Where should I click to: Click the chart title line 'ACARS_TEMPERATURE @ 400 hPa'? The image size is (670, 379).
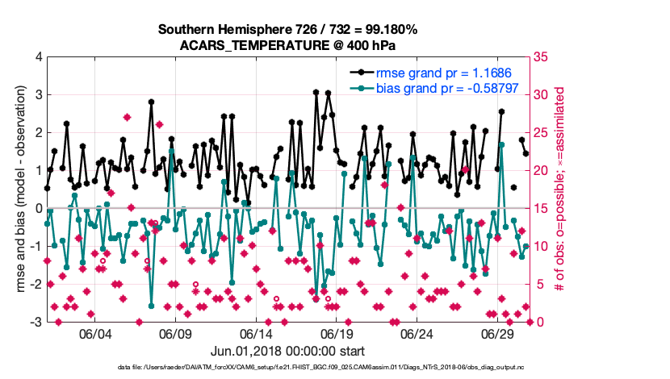click(287, 45)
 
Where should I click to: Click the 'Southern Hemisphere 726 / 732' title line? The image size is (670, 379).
click(287, 30)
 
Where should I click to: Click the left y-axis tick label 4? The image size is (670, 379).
click(38, 57)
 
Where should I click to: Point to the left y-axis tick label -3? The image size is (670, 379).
click(36, 322)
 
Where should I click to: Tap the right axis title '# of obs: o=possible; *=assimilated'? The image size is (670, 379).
click(562, 189)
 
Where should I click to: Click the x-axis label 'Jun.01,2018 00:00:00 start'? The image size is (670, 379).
click(287, 351)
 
